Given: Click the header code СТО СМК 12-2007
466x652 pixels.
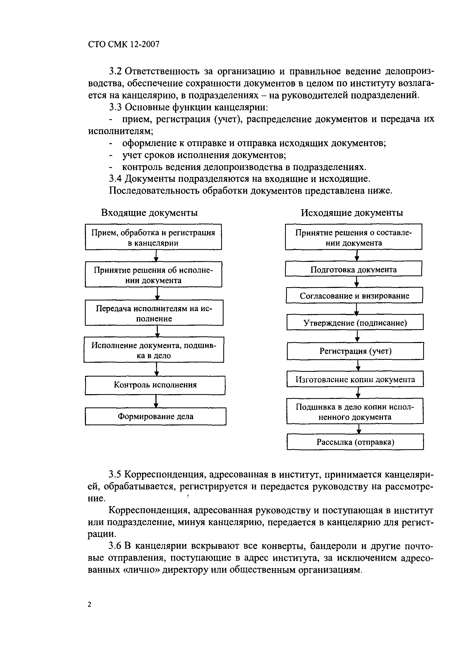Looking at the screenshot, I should pos(124,44).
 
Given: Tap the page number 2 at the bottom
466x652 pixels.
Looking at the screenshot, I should pos(89,604).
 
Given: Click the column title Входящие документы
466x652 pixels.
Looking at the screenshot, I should pos(149,213).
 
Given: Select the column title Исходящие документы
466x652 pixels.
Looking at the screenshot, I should pos(352,213).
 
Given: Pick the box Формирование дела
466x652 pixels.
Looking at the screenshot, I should pos(155,416).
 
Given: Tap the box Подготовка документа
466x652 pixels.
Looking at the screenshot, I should pos(353,269).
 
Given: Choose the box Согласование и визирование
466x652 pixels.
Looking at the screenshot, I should pos(354,296).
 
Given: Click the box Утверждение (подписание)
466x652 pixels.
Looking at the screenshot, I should pos(355,323).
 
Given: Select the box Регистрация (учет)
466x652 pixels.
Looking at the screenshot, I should pos(355,351).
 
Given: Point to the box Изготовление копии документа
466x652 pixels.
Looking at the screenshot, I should pos(355,379).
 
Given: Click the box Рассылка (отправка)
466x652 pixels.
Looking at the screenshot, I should pos(355,442).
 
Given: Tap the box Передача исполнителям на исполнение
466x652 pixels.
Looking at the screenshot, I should pos(154,313).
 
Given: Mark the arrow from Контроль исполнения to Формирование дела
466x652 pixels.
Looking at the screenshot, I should pos(156,401).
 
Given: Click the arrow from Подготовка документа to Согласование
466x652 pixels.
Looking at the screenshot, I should pos(356,282).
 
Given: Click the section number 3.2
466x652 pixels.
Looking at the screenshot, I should pos(116,71).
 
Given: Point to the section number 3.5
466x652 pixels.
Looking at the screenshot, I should pos(116,474).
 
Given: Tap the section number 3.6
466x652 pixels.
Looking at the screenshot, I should pos(116,546).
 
